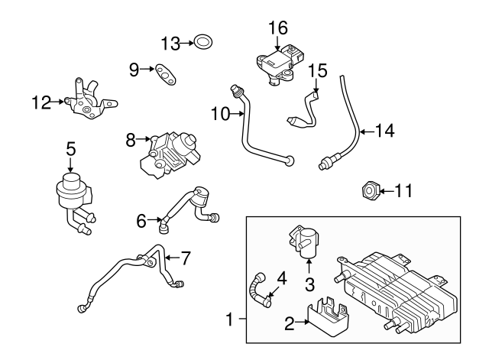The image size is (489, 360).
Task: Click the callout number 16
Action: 277,28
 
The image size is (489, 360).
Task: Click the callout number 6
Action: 141,222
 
